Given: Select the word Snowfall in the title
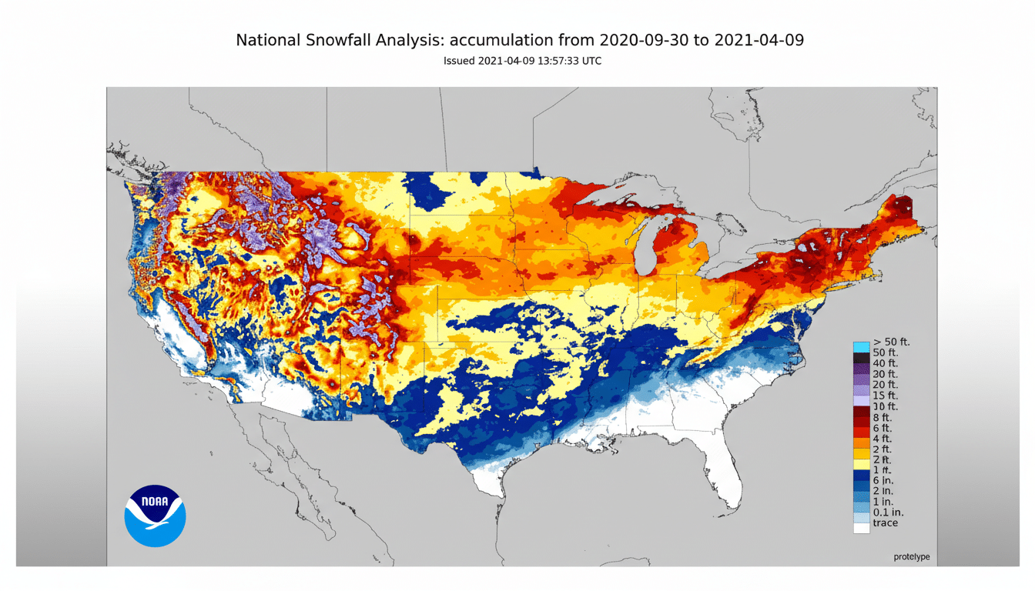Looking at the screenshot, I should click(337, 40).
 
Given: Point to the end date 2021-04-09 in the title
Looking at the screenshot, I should click(759, 40).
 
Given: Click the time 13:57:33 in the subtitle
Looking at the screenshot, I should click(548, 61).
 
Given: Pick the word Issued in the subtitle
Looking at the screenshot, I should click(459, 61).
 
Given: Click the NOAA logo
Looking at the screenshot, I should click(155, 516).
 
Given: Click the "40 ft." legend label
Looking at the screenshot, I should click(885, 363).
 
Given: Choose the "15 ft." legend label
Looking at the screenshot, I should click(885, 395).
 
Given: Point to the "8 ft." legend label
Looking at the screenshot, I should click(883, 416).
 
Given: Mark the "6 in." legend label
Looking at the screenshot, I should click(883, 480).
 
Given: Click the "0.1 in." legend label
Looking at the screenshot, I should click(887, 513).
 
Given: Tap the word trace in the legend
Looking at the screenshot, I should click(885, 523).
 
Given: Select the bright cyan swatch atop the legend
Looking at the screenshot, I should click(861, 346).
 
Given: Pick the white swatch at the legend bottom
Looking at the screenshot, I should click(861, 528).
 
